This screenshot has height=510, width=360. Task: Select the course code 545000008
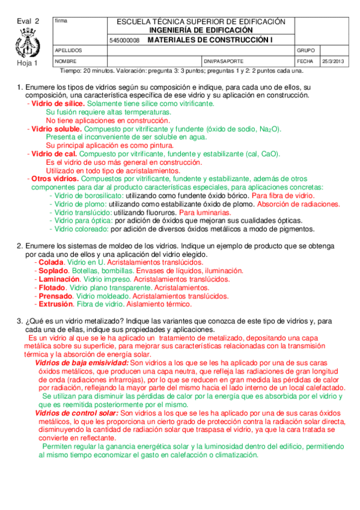tap(125, 40)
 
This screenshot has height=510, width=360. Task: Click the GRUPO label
tap(306, 51)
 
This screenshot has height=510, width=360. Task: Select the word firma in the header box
tap(61, 21)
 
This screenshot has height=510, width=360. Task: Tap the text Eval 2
tap(28, 21)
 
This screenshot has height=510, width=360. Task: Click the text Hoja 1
tap(27, 63)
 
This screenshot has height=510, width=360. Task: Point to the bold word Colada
tap(51, 263)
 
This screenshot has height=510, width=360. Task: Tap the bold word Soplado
tap(53, 271)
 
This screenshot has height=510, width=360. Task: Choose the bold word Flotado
tap(53, 288)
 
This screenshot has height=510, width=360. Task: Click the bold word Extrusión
tap(55, 305)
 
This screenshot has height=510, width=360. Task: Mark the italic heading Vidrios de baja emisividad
tap(82, 363)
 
